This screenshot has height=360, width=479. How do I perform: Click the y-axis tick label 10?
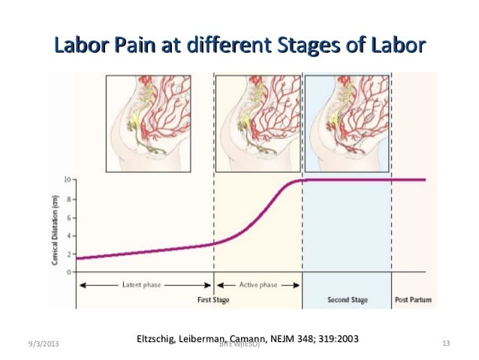click(67, 180)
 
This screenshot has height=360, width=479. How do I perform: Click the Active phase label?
click(258, 286)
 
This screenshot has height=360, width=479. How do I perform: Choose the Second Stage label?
click(347, 301)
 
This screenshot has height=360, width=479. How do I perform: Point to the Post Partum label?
click(412, 301)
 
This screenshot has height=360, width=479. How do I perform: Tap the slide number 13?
click(445, 343)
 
